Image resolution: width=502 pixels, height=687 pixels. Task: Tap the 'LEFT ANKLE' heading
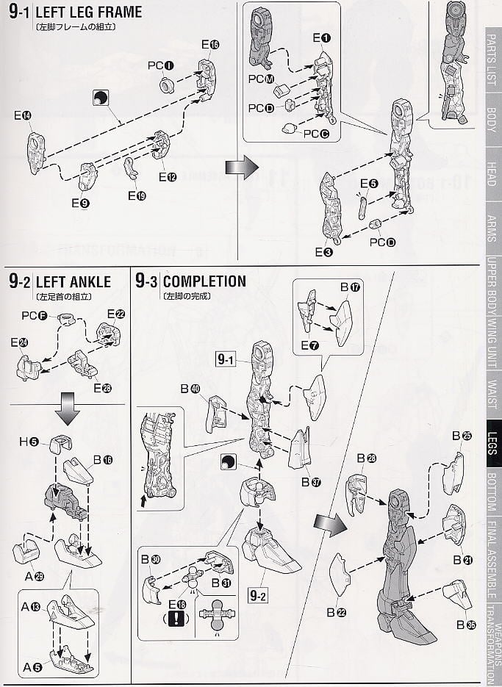click(73, 281)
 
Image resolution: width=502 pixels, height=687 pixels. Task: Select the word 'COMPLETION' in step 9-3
click(204, 281)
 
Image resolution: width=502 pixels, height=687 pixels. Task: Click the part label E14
click(24, 115)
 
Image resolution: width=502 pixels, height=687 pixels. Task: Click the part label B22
click(340, 611)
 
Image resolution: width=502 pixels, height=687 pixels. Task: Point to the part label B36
click(465, 625)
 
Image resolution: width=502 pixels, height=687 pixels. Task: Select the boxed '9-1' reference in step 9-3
click(226, 359)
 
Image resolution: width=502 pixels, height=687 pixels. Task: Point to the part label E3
click(323, 252)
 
